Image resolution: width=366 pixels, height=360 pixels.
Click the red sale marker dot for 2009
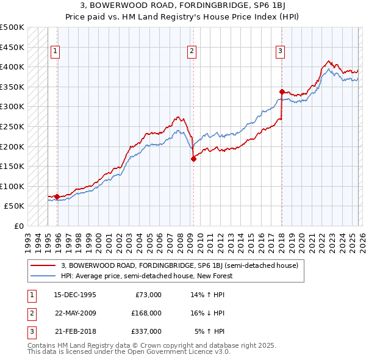[x=193, y=159]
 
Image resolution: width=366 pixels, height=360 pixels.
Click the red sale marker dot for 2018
[x=282, y=92]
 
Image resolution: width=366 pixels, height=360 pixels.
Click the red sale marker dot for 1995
[x=57, y=196]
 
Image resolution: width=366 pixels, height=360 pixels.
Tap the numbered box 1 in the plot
[x=56, y=52]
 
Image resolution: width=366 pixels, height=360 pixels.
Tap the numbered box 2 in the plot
[x=192, y=52]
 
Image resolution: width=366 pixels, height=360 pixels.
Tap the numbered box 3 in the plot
[x=280, y=52]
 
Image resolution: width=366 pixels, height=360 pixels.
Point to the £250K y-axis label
[x=12, y=126]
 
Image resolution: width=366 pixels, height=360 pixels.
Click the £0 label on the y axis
[x=18, y=226]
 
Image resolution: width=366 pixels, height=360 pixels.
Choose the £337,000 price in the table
[x=146, y=331]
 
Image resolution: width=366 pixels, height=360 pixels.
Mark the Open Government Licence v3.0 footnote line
[x=129, y=352]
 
